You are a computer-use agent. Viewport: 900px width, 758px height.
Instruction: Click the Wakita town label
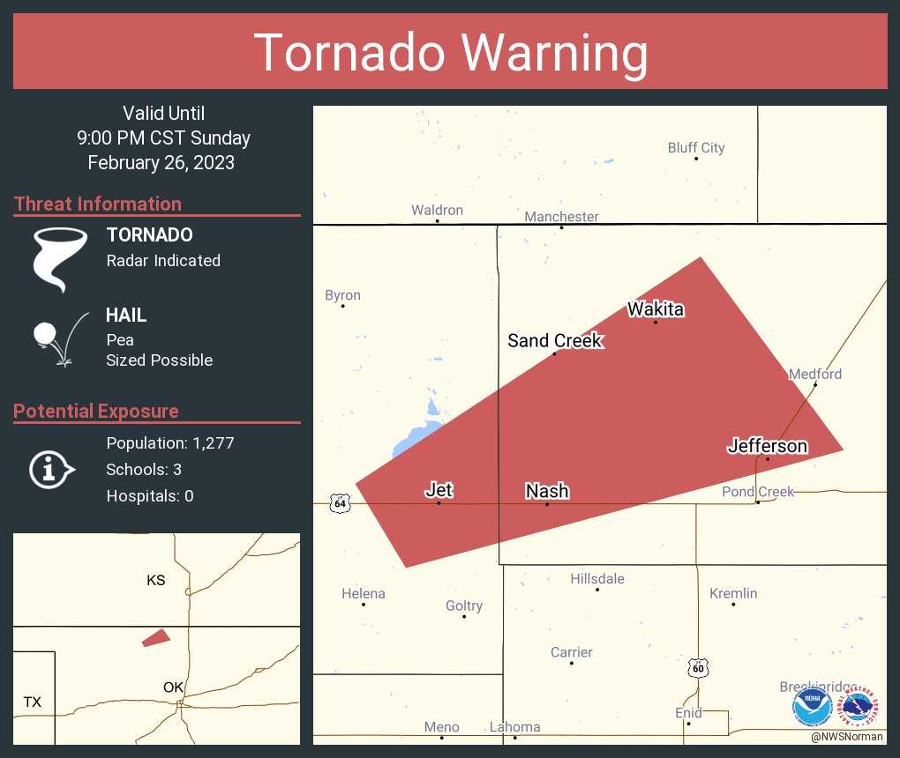point(656,309)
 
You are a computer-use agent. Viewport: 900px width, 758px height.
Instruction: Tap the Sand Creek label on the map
point(555,341)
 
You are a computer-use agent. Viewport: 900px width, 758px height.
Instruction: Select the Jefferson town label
point(767,446)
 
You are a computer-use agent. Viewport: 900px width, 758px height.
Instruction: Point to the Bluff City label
point(696,148)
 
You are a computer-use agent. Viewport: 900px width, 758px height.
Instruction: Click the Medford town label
point(815,374)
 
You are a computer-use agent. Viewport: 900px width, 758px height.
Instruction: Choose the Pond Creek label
point(758,492)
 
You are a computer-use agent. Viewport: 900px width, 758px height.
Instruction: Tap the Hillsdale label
point(597,579)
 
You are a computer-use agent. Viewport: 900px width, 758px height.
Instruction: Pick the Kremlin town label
point(733,593)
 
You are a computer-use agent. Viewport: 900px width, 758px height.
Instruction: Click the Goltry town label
point(464,606)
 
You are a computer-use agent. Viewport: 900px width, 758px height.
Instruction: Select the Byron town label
point(342,295)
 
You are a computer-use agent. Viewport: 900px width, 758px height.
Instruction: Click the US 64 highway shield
point(340,502)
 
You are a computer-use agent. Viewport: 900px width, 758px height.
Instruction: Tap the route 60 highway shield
point(698,668)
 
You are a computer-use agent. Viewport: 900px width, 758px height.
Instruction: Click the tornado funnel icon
point(60,258)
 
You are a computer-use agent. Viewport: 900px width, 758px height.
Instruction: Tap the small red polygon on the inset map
point(155,637)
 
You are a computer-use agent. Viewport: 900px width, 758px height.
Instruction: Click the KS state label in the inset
point(155,581)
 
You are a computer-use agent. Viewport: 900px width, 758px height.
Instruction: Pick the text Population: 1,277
point(170,443)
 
